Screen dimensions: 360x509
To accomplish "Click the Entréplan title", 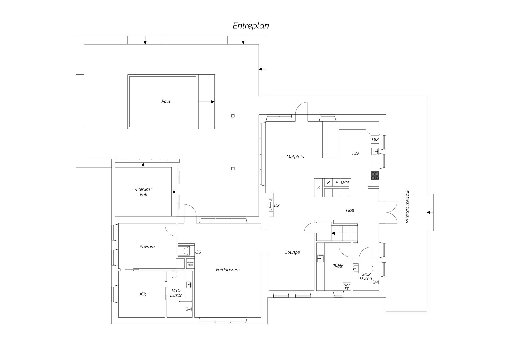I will click(251, 26).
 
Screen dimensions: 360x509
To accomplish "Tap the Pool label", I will click(166, 101).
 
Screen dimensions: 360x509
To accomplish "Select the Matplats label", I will click(295, 157).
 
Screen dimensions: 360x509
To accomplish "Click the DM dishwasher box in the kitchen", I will click(375, 140).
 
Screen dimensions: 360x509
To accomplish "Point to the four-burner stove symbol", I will click(375, 176).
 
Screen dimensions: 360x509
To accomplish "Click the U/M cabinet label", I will click(345, 183).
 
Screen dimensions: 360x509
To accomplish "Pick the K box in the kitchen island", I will click(328, 183).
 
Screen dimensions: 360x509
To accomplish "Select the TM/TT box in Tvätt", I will click(346, 287).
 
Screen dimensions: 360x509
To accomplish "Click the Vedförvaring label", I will click(190, 264).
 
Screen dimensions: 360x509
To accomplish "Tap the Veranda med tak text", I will click(407, 206).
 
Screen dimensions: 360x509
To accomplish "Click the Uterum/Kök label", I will click(143, 192).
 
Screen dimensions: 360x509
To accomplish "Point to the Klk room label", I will click(143, 294).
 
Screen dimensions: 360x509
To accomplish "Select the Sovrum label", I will click(147, 247).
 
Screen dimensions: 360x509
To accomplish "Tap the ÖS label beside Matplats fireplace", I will click(277, 206).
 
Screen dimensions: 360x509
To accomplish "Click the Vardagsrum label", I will click(227, 270).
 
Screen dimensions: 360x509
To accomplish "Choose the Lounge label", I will click(292, 253).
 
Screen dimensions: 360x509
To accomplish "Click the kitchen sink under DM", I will click(375, 152).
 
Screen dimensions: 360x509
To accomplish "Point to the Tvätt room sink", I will click(320, 258).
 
